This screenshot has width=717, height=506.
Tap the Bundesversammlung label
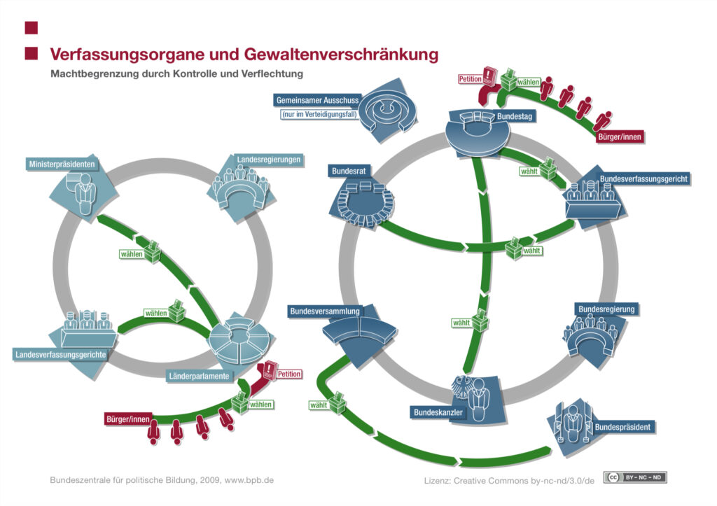[324, 311]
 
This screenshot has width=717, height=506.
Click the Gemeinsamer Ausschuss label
[316, 100]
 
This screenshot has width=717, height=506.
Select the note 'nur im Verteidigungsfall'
[317, 114]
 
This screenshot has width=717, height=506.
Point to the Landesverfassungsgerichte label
[61, 355]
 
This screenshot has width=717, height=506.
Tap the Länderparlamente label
[198, 377]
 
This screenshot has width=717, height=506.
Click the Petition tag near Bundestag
[471, 79]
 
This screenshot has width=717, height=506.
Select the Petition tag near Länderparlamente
[289, 374]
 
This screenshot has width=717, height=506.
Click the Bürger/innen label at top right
[620, 137]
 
